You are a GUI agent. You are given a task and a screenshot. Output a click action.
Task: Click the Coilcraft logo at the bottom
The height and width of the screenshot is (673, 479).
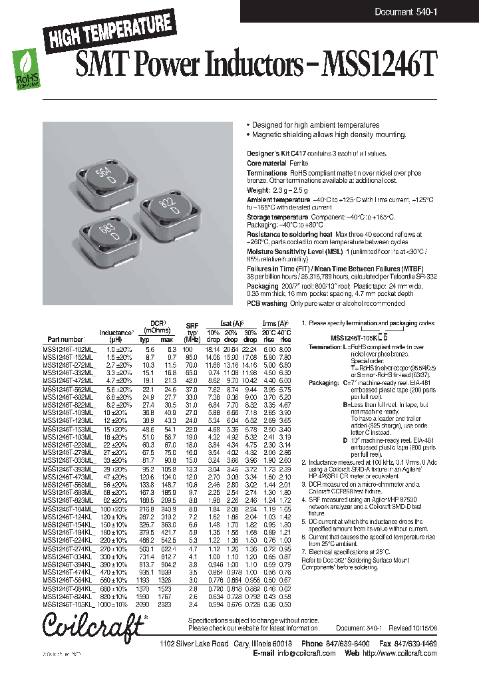pos(93,626)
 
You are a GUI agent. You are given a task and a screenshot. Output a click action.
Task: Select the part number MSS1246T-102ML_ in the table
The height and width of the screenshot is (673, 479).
pos(69,349)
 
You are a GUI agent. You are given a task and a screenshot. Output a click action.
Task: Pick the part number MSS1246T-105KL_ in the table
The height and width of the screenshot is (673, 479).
pos(69,605)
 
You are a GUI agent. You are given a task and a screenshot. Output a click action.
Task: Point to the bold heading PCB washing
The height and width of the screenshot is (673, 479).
pos(267,303)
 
